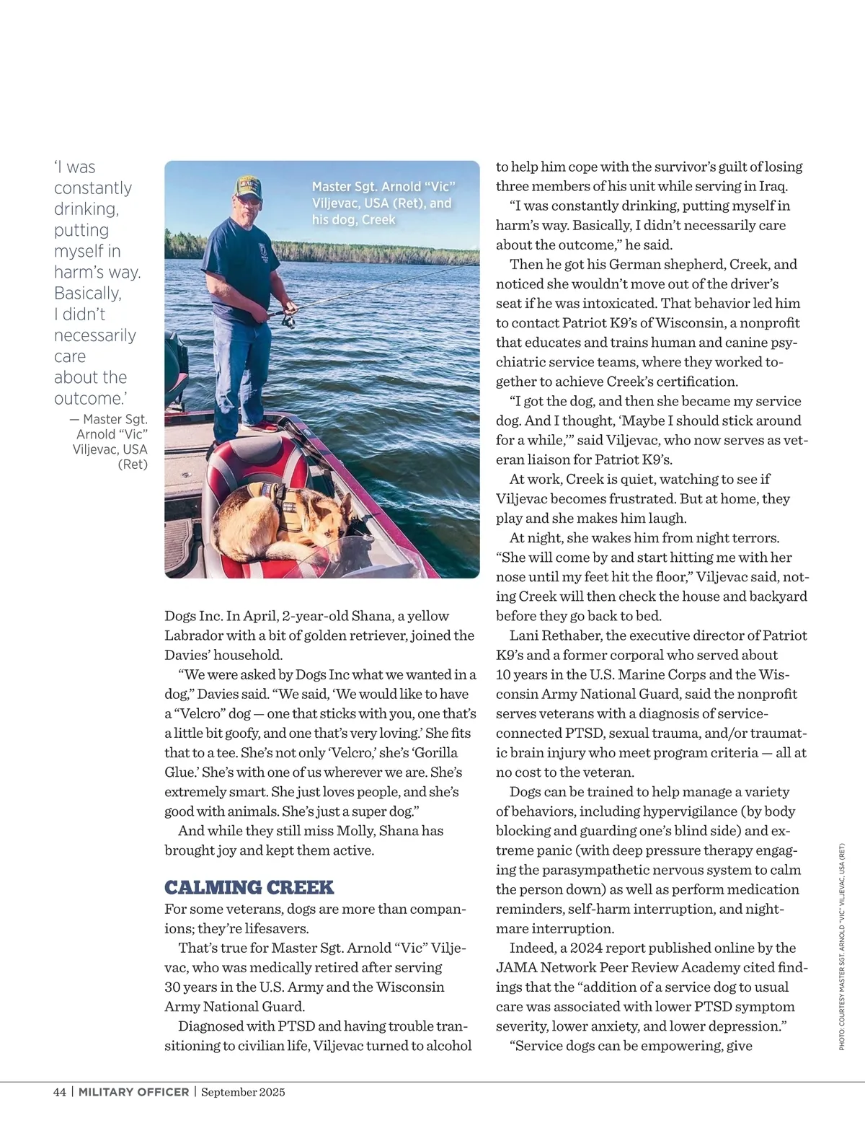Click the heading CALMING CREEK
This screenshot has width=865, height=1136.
[249, 887]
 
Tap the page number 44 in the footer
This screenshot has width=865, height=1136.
[60, 1092]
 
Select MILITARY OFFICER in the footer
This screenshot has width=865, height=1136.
[133, 1092]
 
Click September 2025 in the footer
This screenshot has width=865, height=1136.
[243, 1092]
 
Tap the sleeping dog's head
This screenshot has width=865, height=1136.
[330, 523]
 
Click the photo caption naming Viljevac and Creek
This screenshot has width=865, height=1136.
[383, 203]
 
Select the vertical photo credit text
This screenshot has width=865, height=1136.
[841, 946]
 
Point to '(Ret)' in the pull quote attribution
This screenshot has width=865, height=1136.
[133, 464]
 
